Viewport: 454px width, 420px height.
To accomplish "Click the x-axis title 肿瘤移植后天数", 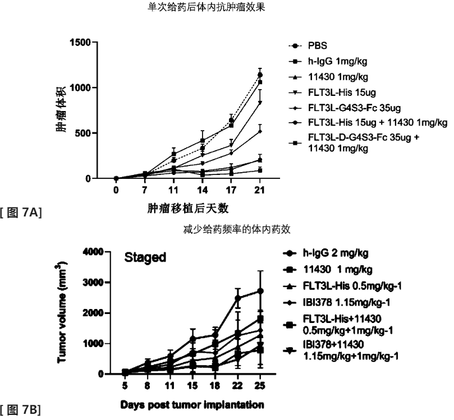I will (187, 208).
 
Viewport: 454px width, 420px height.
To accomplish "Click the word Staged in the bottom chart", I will (145, 258).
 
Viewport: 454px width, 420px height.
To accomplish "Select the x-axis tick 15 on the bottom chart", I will (192, 386).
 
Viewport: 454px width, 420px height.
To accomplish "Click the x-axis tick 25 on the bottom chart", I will (260, 386).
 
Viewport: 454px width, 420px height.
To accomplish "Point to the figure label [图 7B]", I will (22, 410).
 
